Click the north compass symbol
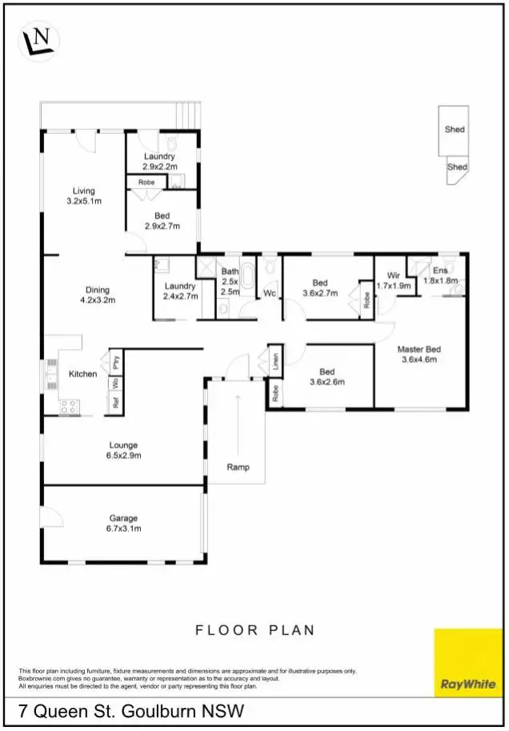point(38,40)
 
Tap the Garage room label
point(124,523)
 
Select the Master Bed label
point(419,354)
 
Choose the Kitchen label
point(82,374)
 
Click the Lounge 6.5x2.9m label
point(123,450)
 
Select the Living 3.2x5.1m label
point(84,196)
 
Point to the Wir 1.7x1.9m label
point(393,280)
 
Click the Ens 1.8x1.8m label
point(440,275)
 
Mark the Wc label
point(270,294)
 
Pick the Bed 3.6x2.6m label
point(327,376)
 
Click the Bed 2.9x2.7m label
point(162,221)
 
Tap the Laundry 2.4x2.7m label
point(180,291)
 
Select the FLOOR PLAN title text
point(254,630)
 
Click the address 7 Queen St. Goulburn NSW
point(132,710)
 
